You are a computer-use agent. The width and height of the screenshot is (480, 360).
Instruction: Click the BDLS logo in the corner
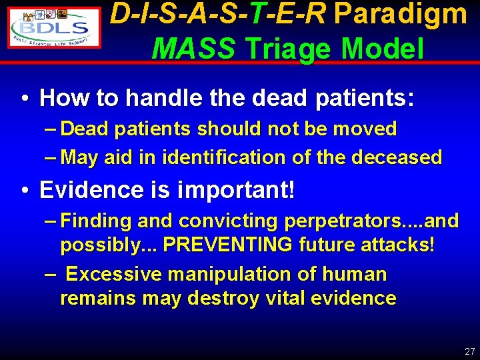(x=55, y=27)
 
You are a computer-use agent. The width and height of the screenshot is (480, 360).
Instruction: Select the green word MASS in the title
(x=193, y=48)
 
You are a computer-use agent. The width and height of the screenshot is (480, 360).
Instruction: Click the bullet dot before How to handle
(x=24, y=99)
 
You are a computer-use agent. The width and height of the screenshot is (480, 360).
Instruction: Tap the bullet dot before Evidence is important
(x=24, y=191)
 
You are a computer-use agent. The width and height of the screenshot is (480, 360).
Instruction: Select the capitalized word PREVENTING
(x=227, y=245)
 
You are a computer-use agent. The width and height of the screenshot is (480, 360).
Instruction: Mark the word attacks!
(x=399, y=245)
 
